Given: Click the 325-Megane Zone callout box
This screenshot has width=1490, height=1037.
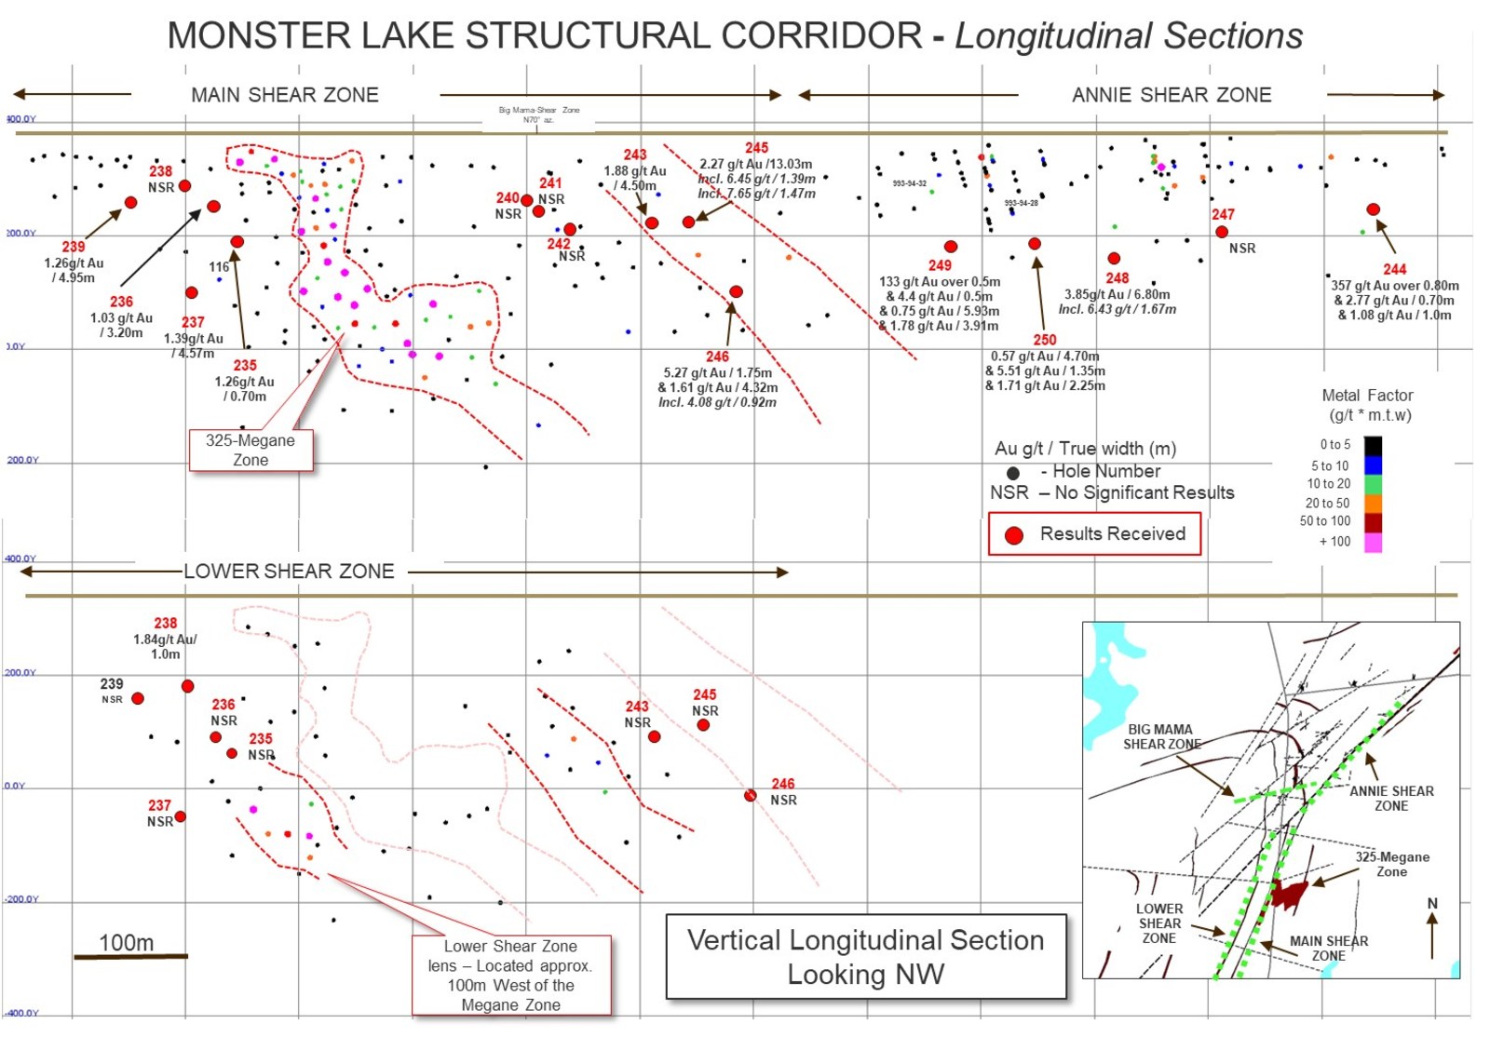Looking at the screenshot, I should [251, 451].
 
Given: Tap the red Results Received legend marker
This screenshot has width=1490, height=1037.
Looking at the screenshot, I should [1014, 535].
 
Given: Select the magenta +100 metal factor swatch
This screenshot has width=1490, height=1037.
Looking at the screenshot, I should [1373, 542].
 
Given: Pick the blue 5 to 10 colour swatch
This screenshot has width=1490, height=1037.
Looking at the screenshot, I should [1373, 465].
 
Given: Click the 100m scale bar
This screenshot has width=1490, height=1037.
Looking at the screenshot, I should [130, 956].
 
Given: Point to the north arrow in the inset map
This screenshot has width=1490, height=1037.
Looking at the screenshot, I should [1432, 931].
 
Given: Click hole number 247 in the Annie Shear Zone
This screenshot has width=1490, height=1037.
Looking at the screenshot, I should [1223, 215].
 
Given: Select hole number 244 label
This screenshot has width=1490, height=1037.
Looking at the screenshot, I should [1394, 269].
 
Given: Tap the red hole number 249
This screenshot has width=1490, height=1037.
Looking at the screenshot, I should [940, 265].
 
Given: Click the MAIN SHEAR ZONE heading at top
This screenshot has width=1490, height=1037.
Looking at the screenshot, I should [285, 95].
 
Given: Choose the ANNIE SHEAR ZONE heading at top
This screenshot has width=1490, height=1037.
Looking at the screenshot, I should [1172, 95].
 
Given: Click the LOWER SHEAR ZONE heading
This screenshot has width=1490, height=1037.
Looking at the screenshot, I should [289, 572].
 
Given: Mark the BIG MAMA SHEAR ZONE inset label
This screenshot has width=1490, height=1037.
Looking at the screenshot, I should [1160, 736].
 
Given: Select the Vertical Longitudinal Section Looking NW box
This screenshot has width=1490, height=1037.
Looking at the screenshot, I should [866, 957].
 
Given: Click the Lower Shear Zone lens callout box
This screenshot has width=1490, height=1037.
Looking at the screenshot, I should [511, 976].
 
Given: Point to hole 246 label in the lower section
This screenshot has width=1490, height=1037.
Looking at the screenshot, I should [783, 784].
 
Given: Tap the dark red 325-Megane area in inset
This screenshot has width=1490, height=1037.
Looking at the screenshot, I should [1290, 894].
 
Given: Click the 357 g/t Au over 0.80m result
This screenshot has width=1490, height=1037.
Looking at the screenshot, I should [1394, 286].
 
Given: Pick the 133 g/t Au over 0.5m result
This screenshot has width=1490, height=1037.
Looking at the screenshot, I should [940, 282].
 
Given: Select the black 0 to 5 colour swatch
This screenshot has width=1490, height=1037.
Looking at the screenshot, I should [1373, 445].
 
